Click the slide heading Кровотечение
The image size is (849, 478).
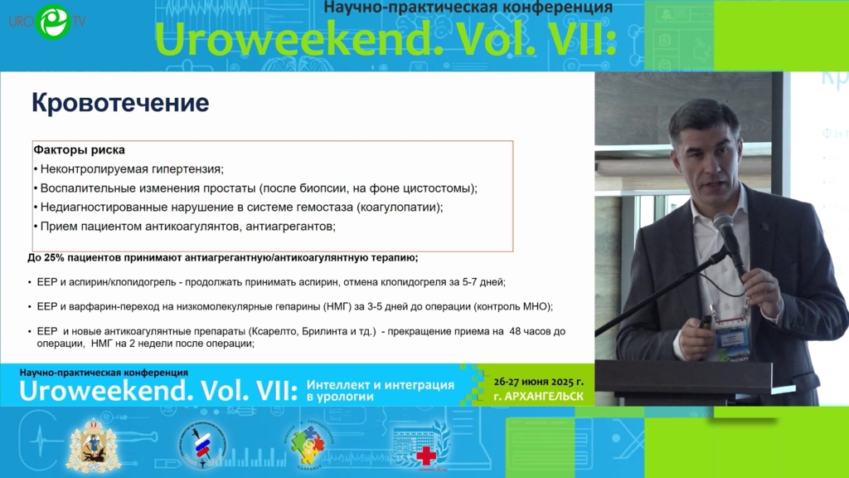120,103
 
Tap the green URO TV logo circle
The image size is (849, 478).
53,22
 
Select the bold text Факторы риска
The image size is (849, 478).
79,149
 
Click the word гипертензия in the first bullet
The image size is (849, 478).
187,169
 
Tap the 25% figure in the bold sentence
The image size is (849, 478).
54,258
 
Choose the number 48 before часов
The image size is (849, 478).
516,331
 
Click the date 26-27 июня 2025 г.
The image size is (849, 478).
538,382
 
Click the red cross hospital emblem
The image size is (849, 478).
422,446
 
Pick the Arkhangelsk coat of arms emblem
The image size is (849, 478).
93,446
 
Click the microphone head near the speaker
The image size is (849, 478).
723,224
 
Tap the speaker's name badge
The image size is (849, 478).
732,339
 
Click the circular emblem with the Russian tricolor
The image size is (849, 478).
202,446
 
